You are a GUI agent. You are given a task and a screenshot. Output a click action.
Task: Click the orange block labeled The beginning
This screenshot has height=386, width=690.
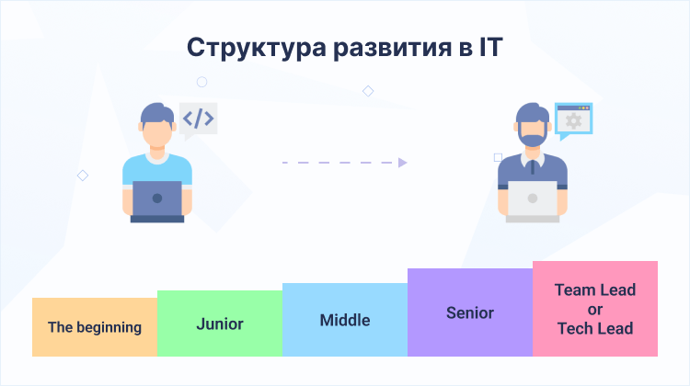click(95, 326)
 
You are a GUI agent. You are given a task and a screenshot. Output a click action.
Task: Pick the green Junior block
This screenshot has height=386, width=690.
click(220, 323)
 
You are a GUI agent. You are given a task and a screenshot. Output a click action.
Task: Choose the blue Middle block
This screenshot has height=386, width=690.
click(345, 320)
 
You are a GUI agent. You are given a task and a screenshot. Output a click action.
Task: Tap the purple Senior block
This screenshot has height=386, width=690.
click(470, 312)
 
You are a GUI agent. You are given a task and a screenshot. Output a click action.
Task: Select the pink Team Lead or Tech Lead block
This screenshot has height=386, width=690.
click(595, 309)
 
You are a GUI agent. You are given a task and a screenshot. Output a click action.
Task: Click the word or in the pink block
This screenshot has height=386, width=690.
click(595, 309)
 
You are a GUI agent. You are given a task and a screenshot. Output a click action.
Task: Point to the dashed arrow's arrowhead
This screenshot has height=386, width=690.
click(402, 163)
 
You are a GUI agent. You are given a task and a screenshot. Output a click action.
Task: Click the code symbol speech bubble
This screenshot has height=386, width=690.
click(198, 119)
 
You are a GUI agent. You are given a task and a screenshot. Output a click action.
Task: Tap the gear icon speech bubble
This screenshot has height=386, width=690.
click(573, 120)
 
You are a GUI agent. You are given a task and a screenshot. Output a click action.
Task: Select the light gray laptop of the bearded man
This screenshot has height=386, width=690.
click(532, 199)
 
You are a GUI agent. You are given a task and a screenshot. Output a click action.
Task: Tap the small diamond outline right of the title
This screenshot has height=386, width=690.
click(368, 91)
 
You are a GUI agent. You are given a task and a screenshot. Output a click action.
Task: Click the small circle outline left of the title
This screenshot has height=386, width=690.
click(201, 82)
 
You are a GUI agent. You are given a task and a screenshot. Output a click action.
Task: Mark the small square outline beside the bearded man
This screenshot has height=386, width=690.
click(499, 157)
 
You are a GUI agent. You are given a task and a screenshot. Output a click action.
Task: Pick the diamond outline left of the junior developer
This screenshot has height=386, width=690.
click(82, 175)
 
